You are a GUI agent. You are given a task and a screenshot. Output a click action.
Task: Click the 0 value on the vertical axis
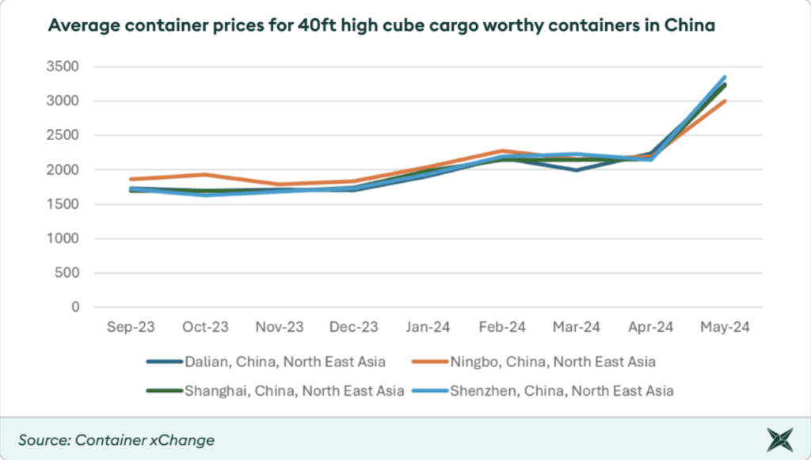tap(74, 307)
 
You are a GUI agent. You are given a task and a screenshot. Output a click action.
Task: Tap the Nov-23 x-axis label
tap(279, 327)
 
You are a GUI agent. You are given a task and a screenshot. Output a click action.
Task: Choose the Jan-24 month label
tap(428, 327)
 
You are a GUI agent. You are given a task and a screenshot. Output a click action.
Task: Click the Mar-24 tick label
tap(577, 327)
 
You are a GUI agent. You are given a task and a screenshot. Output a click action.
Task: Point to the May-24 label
tap(725, 327)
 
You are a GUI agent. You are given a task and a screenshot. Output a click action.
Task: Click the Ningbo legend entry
tap(535, 362)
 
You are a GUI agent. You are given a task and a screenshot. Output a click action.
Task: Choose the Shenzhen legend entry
tap(543, 390)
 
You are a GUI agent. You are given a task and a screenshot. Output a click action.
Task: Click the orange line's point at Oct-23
tap(204, 174)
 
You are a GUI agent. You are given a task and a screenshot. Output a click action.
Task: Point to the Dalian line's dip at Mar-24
tap(577, 170)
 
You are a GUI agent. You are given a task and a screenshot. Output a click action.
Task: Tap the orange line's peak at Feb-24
tap(502, 150)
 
